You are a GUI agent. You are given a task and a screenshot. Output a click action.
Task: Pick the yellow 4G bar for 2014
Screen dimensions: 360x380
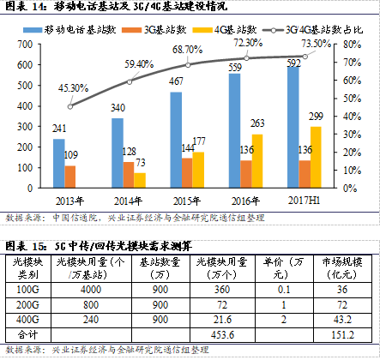[x=140, y=180]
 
